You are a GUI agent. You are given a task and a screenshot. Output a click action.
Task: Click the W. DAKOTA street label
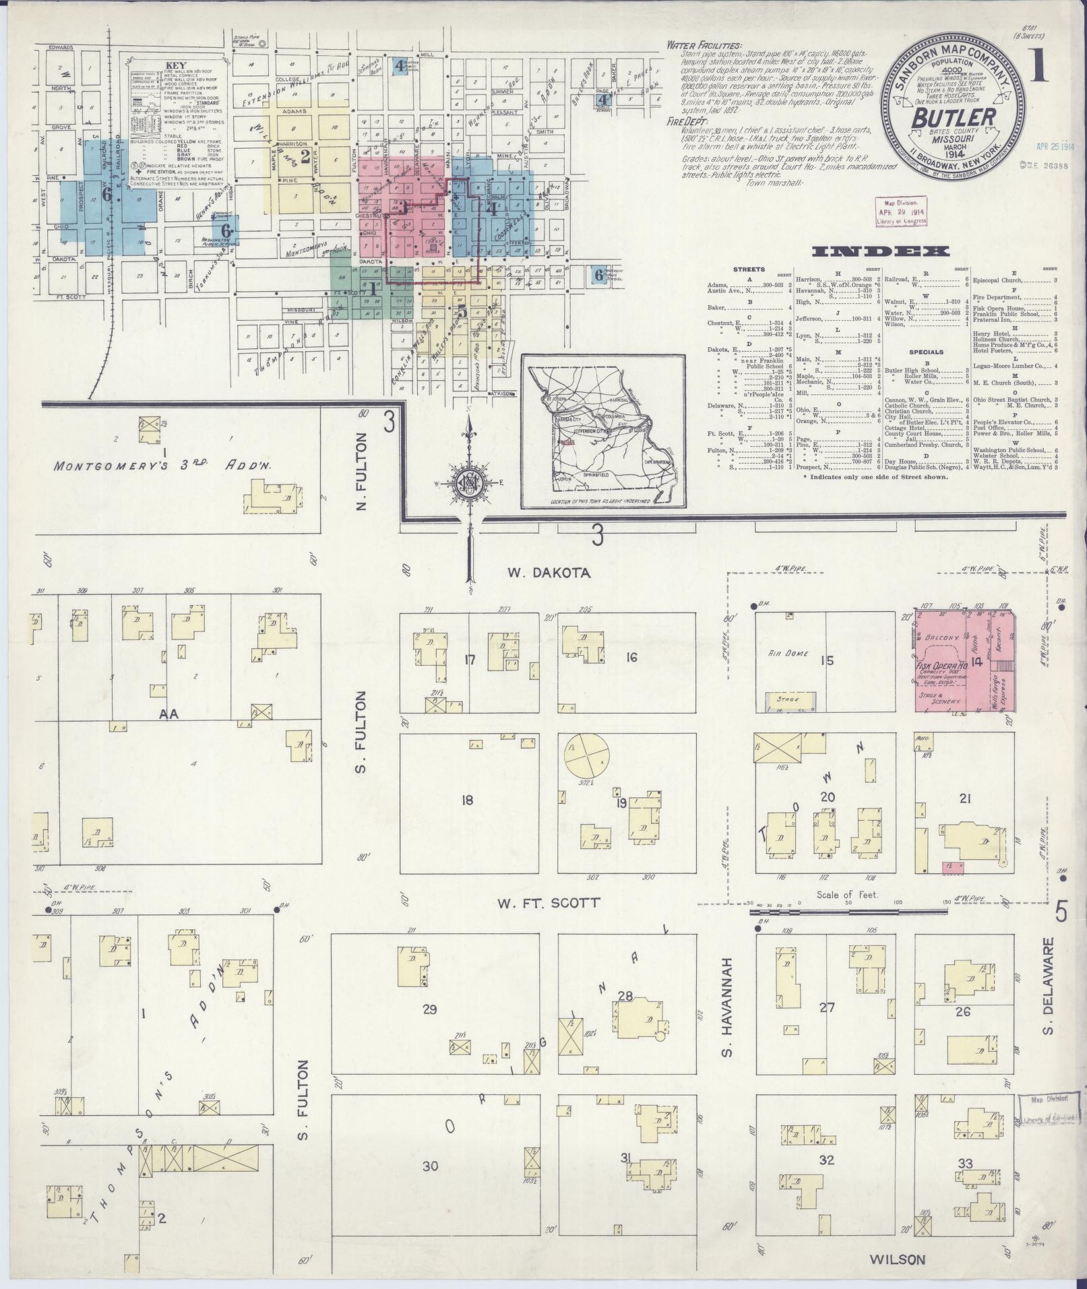[549, 573]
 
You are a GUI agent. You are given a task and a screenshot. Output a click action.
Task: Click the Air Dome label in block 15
[782, 653]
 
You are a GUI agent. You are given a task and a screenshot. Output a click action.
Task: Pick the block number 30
[430, 1166]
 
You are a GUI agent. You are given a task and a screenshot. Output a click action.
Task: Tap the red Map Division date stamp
[900, 211]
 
